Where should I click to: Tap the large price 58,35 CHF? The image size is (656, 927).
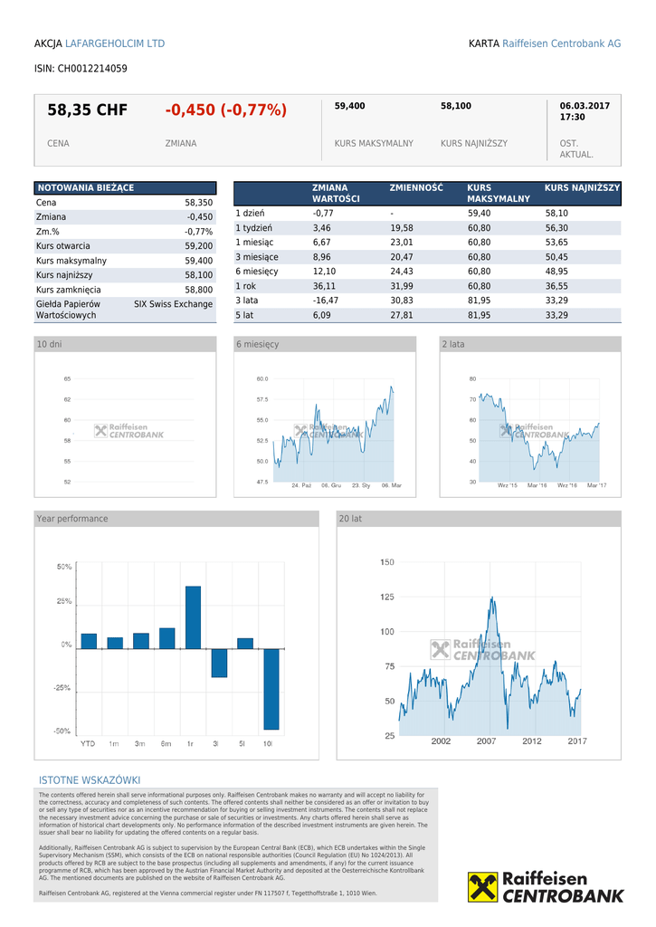[x=87, y=110]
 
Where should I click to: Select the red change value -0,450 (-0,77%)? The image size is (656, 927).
[x=225, y=110]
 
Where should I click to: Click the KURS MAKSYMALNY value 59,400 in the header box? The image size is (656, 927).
[x=349, y=106]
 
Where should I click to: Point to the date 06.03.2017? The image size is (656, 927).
[x=585, y=106]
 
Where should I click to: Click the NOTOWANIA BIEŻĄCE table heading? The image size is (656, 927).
[x=85, y=187]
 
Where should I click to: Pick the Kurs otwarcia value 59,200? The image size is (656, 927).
[x=198, y=246]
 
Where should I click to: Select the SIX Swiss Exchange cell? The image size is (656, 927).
[x=173, y=304]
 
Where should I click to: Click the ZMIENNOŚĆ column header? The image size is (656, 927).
[x=416, y=187]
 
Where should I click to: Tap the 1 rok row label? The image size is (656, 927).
[x=246, y=286]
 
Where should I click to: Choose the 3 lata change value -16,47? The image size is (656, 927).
[x=325, y=301]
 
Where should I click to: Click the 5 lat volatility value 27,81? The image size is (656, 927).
[x=401, y=315]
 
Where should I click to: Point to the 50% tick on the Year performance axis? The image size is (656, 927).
[x=64, y=567]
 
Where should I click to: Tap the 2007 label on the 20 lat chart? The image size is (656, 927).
[x=486, y=741]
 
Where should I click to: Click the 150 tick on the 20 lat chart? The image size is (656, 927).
[x=386, y=562]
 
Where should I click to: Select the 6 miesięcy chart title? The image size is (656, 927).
[x=258, y=345]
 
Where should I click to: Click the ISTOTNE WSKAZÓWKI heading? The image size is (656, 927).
[x=90, y=780]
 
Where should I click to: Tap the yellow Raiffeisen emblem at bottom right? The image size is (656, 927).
[x=483, y=887]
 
